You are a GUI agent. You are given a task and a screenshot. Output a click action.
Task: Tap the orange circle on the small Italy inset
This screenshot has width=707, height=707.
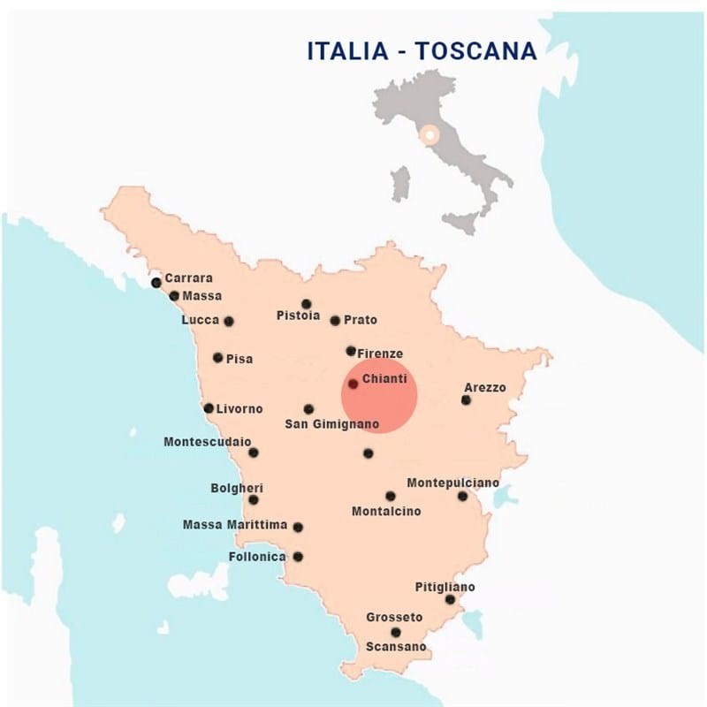coord(430,135)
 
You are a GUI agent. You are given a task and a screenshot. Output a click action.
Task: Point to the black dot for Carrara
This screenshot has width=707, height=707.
coord(156,283)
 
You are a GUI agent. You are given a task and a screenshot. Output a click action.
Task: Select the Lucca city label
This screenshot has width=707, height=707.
coord(200,320)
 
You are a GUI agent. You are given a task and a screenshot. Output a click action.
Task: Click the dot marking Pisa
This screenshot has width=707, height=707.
coord(218,358)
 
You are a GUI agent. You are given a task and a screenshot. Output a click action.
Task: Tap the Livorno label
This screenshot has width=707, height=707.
coord(239,408)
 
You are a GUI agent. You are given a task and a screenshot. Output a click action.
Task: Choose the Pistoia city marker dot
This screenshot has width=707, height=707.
coord(307,304)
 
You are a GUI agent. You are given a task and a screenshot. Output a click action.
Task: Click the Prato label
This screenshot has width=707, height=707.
coord(361,320)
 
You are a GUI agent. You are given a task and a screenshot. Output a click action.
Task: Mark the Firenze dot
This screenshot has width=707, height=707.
coord(351,351)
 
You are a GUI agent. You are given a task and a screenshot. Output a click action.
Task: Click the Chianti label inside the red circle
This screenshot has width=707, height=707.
coord(384,379)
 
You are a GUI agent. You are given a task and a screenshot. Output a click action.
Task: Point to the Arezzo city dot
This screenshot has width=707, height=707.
coord(466,400)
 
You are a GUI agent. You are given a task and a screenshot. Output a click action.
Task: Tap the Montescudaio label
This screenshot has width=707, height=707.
coord(207,441)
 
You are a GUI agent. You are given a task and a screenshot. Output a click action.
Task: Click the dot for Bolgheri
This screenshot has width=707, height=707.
coord(254,499)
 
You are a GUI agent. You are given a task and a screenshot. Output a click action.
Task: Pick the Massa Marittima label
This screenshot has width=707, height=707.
coord(235,525)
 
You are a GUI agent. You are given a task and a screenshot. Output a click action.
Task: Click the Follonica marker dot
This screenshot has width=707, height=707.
coord(298,557)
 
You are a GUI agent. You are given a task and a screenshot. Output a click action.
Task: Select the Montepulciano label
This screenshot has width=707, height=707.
coord(452,483)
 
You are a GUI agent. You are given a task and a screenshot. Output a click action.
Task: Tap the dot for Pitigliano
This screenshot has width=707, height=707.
coord(450,600)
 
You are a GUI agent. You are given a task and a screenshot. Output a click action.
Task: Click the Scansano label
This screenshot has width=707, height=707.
coord(396,647)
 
